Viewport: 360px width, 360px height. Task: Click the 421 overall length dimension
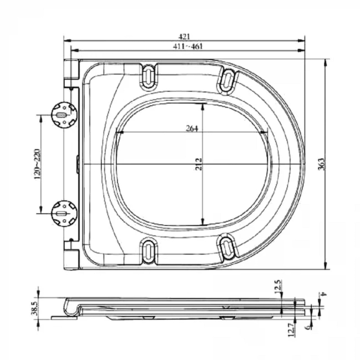click(185, 37)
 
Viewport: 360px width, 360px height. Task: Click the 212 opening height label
click(199, 164)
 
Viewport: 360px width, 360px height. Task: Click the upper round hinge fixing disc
click(64, 115)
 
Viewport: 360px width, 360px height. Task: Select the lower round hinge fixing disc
click(64, 211)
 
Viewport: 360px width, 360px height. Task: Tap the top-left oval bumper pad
click(149, 74)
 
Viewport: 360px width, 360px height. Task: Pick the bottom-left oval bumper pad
click(149, 250)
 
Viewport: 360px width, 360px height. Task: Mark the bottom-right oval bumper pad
click(226, 246)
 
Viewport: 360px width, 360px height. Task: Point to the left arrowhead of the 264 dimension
click(120, 133)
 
